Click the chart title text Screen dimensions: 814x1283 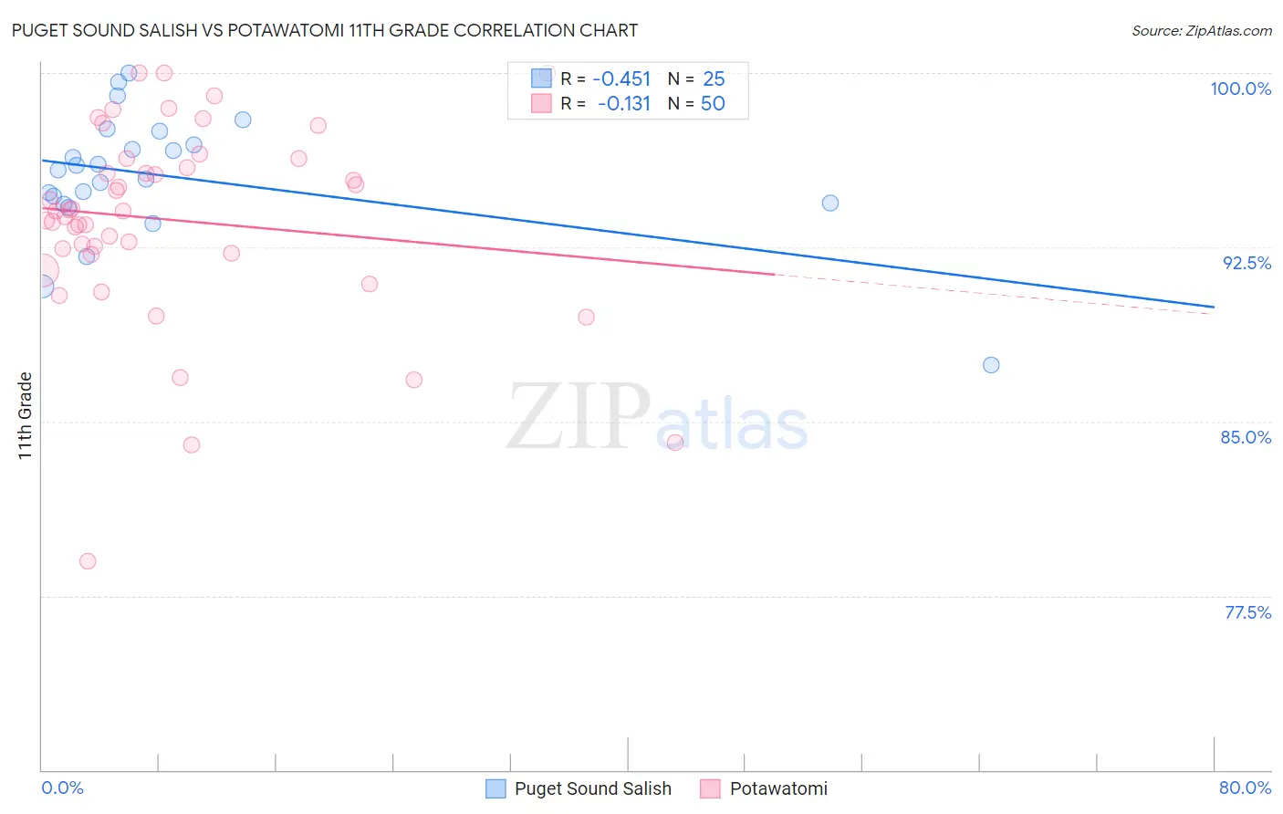[325, 30]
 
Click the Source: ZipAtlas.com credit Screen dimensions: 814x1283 [1201, 30]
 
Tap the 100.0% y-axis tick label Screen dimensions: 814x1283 [1240, 89]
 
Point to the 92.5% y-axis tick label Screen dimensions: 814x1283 [1246, 263]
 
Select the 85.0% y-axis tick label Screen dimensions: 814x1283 [1246, 437]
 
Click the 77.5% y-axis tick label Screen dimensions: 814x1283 [1247, 612]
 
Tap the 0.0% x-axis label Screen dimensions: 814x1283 [62, 788]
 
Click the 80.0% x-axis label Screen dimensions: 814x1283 [1245, 788]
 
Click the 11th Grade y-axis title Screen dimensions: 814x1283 [26, 415]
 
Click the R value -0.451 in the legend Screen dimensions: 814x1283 [621, 78]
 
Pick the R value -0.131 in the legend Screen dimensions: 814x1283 [624, 103]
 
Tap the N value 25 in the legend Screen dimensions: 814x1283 [714, 78]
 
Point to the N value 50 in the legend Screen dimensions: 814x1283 [713, 103]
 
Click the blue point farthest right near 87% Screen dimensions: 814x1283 [991, 365]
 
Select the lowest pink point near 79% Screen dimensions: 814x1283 [88, 561]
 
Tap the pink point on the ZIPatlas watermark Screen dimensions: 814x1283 [675, 443]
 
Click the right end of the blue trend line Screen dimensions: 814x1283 [1214, 307]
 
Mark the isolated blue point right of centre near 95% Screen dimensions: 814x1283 [830, 203]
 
